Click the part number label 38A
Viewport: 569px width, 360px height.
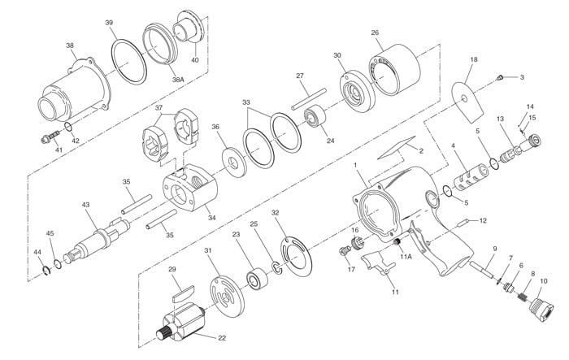(x=178, y=79)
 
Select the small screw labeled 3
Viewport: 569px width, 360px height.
(x=499, y=77)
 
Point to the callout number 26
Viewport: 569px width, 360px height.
(x=375, y=33)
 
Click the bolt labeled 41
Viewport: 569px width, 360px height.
(x=51, y=136)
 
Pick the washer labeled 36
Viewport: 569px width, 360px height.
(x=234, y=162)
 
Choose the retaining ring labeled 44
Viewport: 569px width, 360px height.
(x=46, y=271)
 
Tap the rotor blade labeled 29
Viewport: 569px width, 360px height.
(x=183, y=293)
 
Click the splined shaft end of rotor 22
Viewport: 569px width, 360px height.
(x=163, y=332)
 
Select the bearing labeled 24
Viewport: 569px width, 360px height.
(x=315, y=115)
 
